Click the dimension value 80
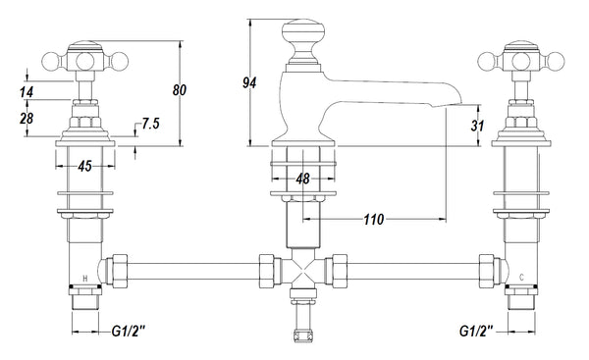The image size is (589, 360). tap(179, 90)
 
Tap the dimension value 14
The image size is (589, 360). tap(27, 93)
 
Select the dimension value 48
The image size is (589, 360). tap(302, 179)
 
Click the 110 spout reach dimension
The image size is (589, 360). tap(374, 221)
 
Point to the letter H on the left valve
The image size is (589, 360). tap(85, 279)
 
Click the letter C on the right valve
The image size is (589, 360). tap(520, 279)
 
